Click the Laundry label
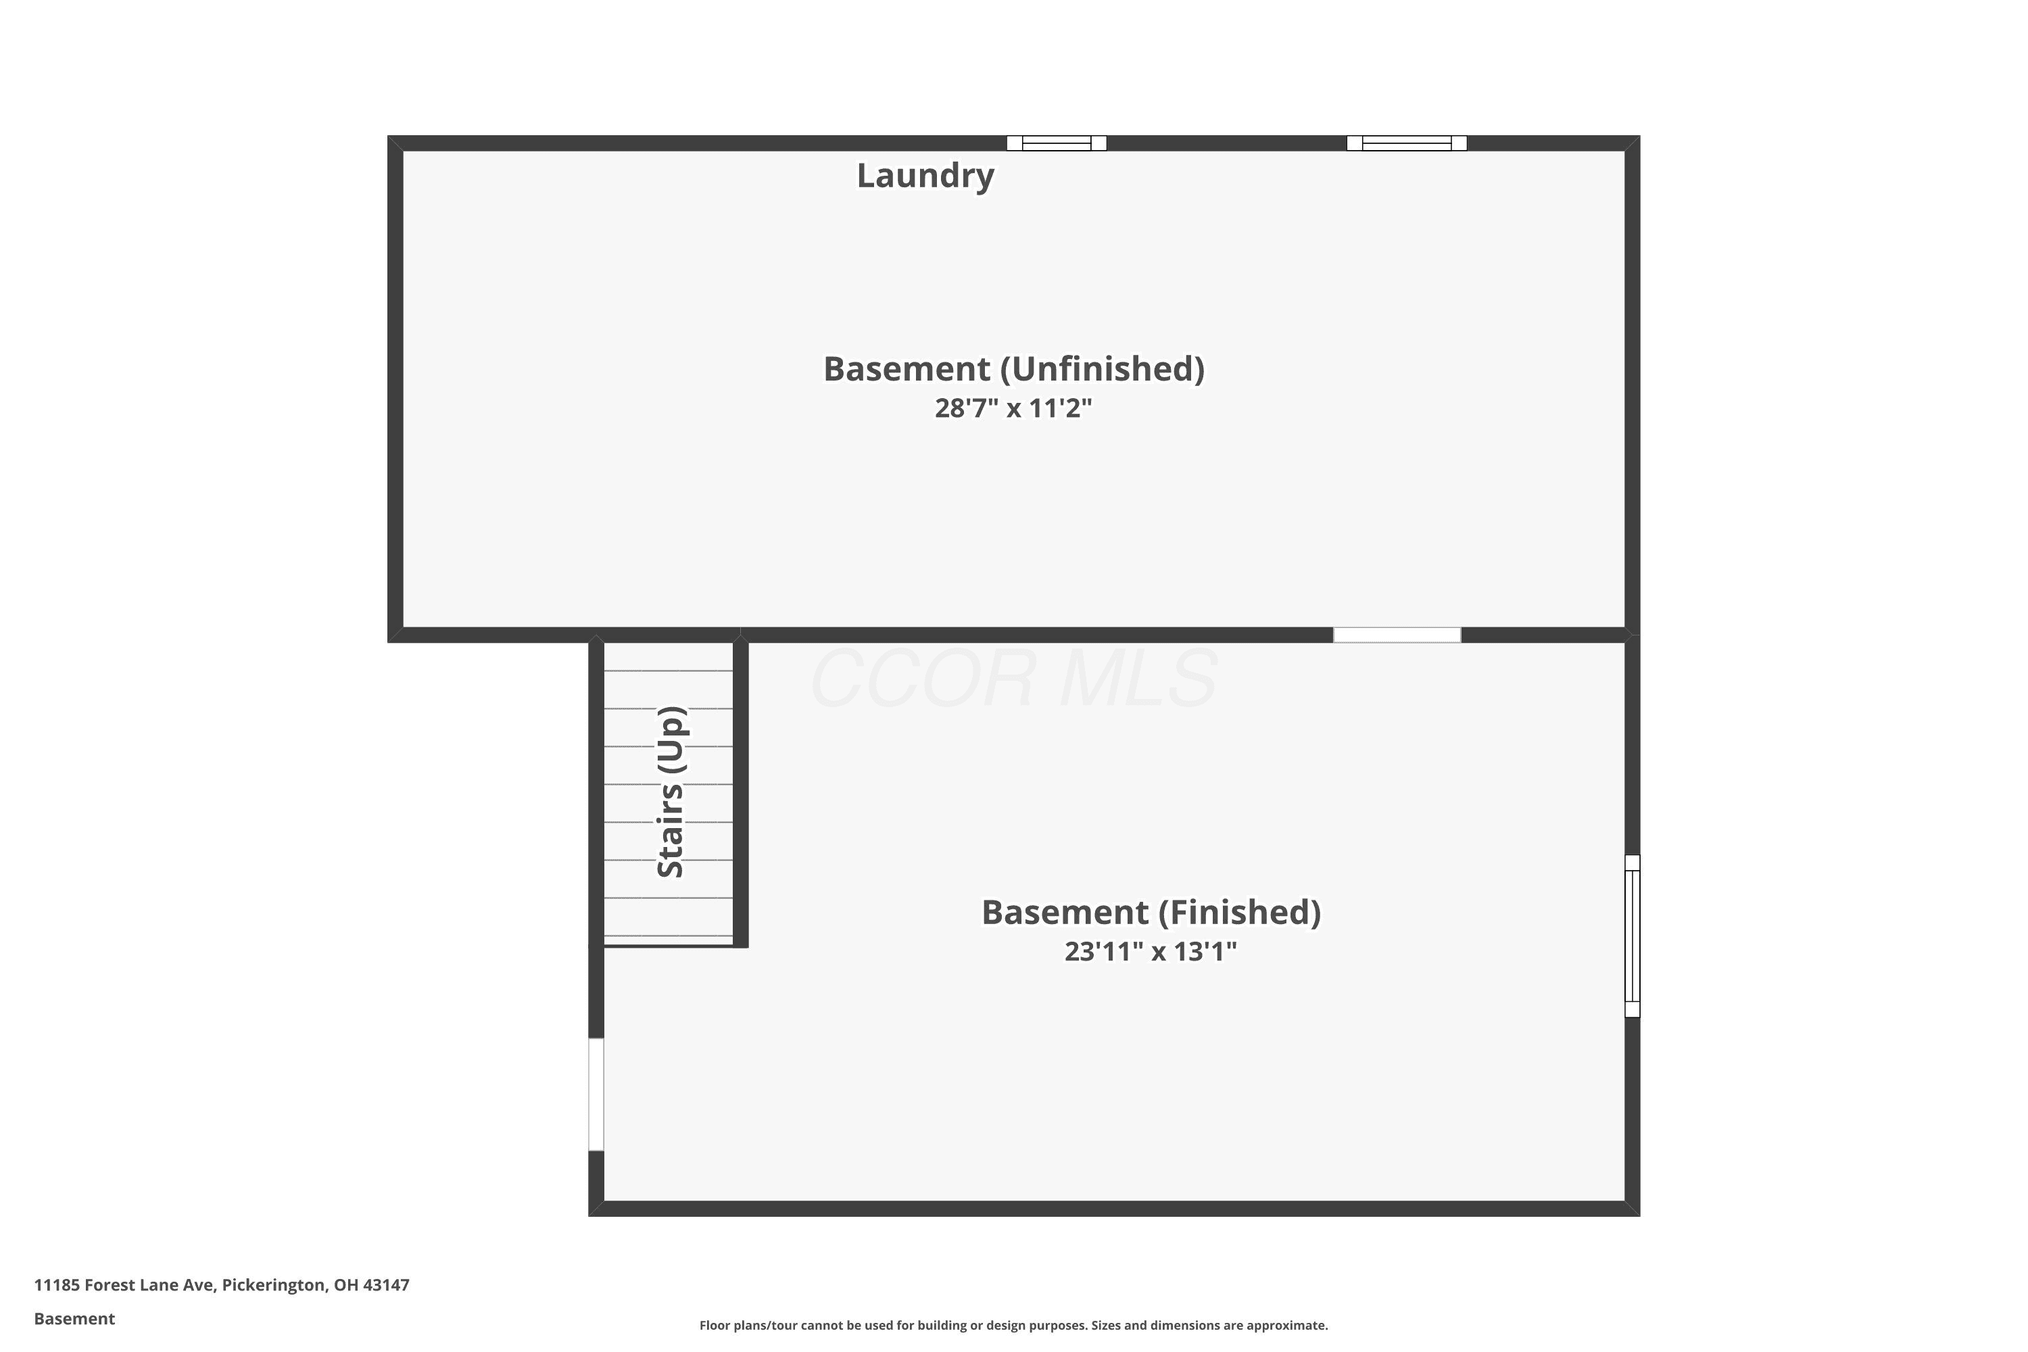tap(925, 176)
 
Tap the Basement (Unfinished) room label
tap(1014, 369)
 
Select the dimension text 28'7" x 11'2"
tap(1013, 408)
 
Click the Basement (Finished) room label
tap(1151, 912)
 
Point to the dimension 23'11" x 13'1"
tap(1151, 951)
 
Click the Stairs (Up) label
tap(671, 792)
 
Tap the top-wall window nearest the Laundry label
tap(1056, 143)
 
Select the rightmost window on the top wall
tap(1406, 143)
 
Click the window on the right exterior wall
tap(1633, 936)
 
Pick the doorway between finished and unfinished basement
tap(1397, 635)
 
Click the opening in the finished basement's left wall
tap(596, 1094)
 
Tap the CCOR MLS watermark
tap(1014, 679)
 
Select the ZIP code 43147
tap(386, 1285)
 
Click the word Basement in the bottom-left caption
tap(74, 1318)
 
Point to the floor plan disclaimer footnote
tap(1013, 1325)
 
